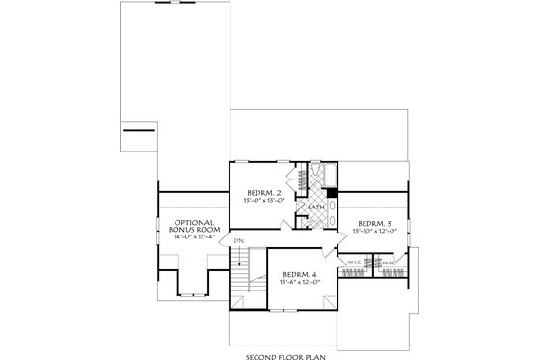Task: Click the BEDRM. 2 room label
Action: pos(263,193)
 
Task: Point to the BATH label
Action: pos(315,207)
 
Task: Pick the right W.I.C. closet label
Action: pos(389,262)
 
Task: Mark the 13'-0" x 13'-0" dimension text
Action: pos(263,202)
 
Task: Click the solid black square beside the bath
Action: pos(333,193)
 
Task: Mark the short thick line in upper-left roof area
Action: pos(140,129)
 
